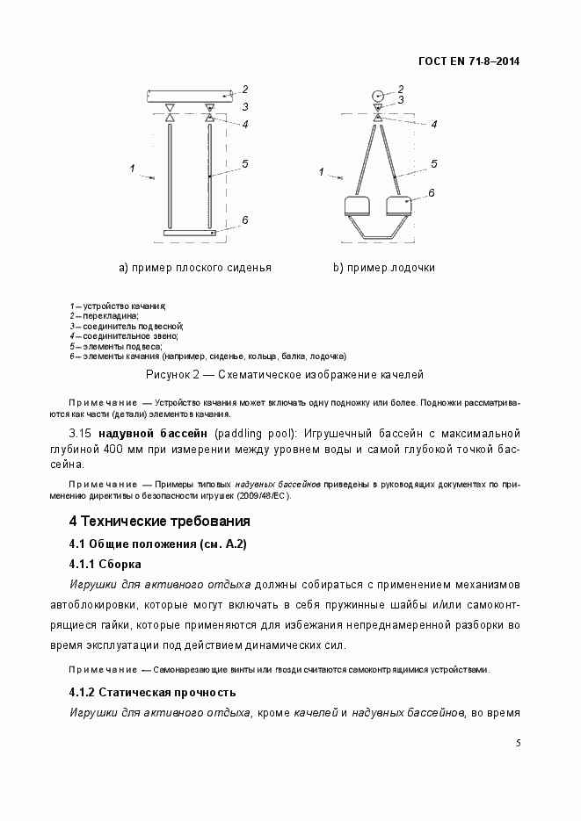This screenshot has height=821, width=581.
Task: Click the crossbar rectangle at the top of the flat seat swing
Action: coord(189,93)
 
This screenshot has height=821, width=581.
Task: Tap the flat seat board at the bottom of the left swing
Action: coord(190,233)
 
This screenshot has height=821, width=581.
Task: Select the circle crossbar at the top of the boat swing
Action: coord(377,94)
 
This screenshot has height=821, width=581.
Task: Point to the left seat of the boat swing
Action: coord(356,206)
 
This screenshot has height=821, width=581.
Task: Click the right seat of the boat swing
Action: coord(400,206)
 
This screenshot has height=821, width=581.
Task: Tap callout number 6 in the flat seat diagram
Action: coord(246,220)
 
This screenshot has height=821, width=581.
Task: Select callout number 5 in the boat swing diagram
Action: coord(434,163)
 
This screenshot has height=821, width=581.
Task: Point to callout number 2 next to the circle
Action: coord(401,89)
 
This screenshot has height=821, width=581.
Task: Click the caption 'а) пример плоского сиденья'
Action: coord(195,268)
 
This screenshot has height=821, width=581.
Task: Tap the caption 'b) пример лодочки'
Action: coord(383,268)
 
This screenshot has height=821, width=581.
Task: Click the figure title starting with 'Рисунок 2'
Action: coord(285,375)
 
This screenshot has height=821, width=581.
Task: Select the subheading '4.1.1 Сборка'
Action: coord(105,564)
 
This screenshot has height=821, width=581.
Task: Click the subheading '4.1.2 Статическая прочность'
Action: coord(152,692)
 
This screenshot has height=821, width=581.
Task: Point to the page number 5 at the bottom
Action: coord(518,743)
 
